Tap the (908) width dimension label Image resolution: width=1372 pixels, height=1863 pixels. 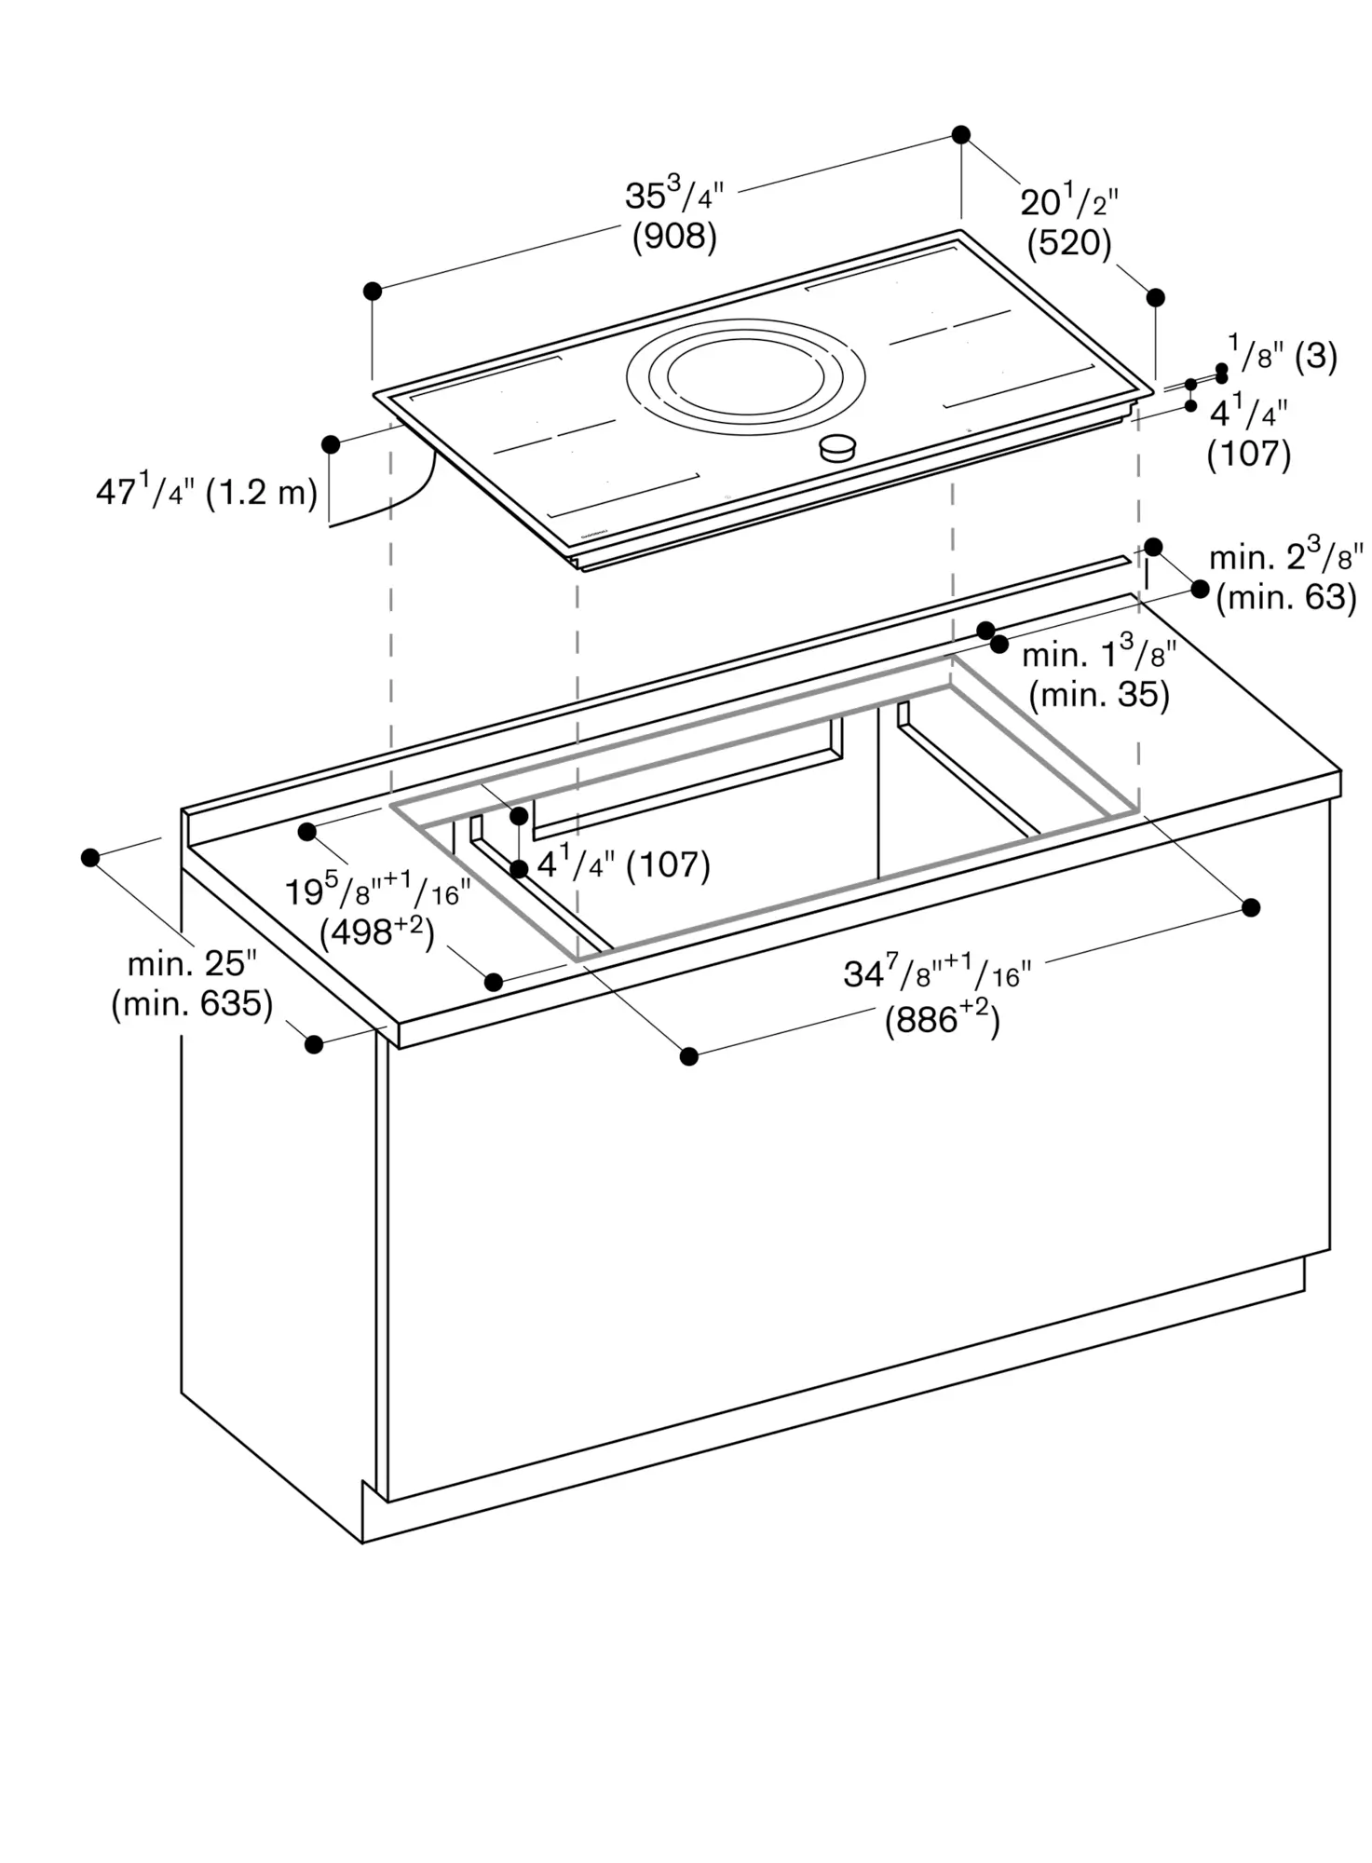click(674, 238)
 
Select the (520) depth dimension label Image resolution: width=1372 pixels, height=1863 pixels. click(1069, 244)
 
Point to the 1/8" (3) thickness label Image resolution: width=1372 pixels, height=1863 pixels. click(1283, 355)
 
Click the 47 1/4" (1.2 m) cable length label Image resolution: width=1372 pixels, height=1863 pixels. click(207, 490)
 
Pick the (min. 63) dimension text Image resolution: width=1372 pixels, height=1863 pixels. click(1286, 597)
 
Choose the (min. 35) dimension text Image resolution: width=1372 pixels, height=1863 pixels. click(1099, 695)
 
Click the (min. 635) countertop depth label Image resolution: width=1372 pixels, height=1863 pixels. click(192, 1004)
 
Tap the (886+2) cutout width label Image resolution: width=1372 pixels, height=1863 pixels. click(942, 1021)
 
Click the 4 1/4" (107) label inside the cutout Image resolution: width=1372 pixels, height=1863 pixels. click(624, 864)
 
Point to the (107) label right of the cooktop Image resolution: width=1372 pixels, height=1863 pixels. click(1249, 455)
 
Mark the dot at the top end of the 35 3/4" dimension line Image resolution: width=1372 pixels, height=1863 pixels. click(961, 135)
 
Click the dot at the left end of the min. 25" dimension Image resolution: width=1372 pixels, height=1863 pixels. click(90, 857)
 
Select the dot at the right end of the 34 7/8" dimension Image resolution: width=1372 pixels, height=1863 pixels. click(1251, 907)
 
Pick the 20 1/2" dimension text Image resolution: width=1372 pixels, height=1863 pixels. click(1069, 200)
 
